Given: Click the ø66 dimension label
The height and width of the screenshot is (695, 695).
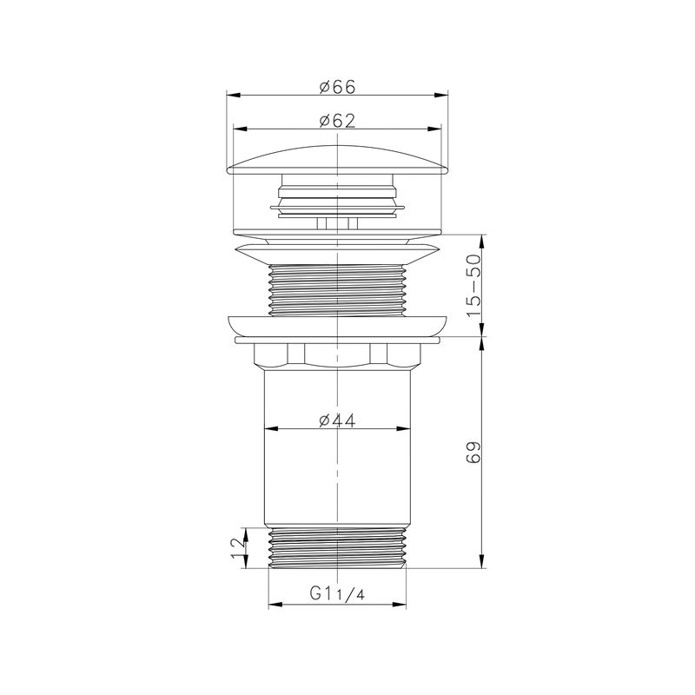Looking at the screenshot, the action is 337,87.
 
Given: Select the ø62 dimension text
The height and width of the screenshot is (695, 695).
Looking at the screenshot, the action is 337,121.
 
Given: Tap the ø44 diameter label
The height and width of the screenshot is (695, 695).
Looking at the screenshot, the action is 337,420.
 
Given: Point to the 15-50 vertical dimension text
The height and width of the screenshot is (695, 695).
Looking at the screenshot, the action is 473,285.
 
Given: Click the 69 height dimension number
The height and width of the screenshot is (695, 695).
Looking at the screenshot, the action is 473,452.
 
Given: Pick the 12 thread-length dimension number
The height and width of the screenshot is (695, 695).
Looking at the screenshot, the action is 238,548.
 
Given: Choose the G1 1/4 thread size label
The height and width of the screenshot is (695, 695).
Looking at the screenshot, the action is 337,593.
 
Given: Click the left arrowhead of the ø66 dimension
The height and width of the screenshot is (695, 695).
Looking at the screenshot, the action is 234,96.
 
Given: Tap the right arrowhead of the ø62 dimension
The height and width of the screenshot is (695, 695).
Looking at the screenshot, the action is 434,129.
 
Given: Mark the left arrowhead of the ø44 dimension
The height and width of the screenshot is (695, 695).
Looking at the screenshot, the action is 271,428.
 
